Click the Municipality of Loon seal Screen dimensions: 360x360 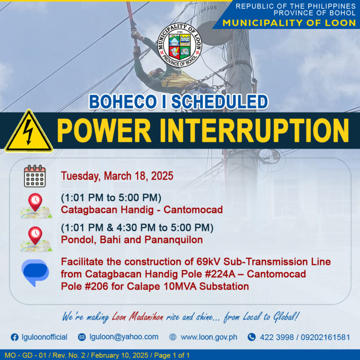tap(180, 45)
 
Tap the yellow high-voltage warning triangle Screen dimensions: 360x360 tap(29, 132)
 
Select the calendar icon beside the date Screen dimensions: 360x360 tap(35, 176)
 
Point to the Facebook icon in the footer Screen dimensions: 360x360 tap(15, 337)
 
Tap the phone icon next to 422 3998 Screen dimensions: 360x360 tap(252, 337)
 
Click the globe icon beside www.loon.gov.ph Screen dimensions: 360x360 tap(172, 337)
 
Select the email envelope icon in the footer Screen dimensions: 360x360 tap(82, 337)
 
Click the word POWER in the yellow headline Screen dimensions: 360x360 tap(104, 131)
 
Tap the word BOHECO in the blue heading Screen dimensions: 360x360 tap(123, 102)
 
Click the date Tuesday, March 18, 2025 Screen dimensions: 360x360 tap(117, 176)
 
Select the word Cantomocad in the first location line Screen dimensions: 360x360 tap(193, 210)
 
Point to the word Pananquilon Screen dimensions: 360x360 tap(173, 240)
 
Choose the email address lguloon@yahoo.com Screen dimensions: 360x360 tap(124, 337)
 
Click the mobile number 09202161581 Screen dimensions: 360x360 tap(325, 337)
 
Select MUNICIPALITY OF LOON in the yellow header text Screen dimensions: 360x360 tap(289, 23)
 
